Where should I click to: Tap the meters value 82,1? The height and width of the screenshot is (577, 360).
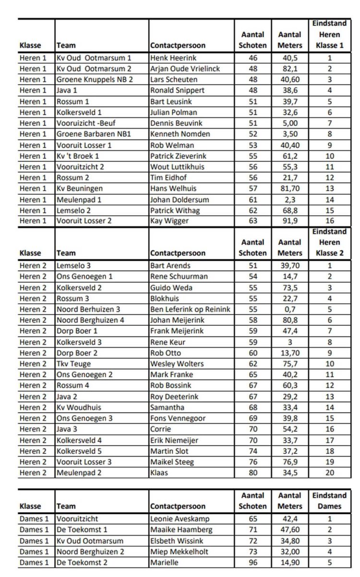[x=290, y=69]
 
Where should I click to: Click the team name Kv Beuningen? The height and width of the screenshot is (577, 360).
[x=80, y=189]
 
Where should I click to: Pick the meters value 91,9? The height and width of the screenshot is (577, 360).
[x=290, y=221]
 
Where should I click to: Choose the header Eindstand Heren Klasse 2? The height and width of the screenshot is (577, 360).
[x=329, y=242]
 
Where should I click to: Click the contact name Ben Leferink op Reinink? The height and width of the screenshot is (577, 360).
[x=190, y=309]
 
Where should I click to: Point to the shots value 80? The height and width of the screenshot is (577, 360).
[x=253, y=473]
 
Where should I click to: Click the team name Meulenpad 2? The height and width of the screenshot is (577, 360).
[x=79, y=473]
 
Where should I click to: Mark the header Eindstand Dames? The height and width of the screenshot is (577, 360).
[x=329, y=501]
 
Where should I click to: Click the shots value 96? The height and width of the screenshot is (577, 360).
[x=253, y=563]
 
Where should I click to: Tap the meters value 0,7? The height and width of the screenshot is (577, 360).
[x=290, y=309]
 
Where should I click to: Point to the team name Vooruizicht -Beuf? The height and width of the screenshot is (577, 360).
[x=86, y=123]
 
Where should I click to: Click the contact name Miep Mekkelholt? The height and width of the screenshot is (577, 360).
[x=179, y=552]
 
